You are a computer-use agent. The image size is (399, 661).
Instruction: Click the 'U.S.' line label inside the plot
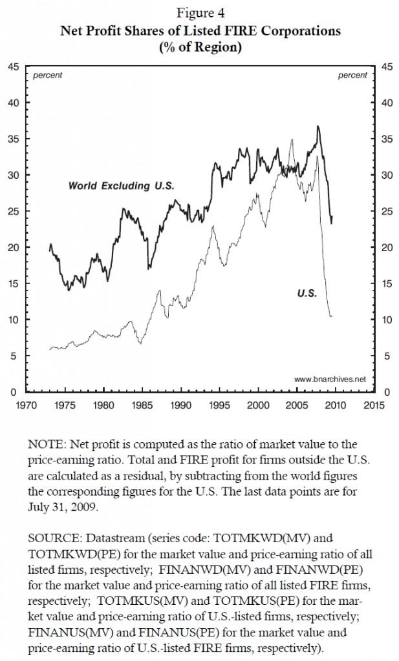(306, 292)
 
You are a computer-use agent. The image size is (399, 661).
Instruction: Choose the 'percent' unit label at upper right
(352, 76)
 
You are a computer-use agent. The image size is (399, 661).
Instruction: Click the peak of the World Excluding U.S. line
(318, 126)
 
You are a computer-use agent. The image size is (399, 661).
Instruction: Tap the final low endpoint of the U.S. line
(332, 316)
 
